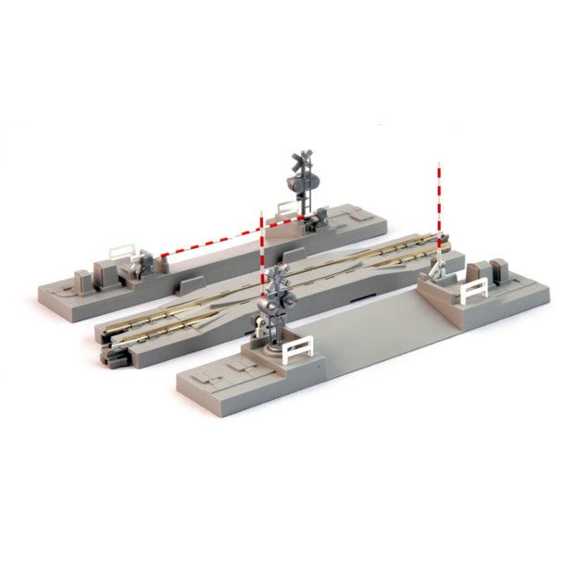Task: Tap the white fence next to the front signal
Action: click(x=295, y=350)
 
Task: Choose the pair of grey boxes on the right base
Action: click(x=490, y=271)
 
